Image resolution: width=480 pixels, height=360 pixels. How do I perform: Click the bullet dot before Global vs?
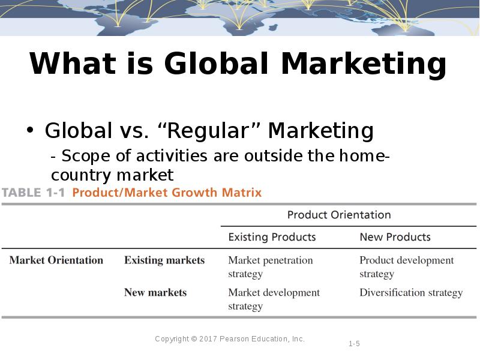click(31, 131)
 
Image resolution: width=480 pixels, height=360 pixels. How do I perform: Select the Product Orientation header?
click(339, 215)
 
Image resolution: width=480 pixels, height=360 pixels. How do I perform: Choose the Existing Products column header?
click(272, 237)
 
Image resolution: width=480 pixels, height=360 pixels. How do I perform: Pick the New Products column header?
click(395, 237)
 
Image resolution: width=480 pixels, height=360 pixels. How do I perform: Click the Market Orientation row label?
click(56, 260)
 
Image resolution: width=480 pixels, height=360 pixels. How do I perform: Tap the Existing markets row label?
click(164, 260)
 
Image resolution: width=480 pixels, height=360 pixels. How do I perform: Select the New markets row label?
click(155, 293)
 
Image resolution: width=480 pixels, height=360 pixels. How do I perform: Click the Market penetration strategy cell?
click(270, 267)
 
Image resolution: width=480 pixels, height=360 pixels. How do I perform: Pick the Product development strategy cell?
click(406, 267)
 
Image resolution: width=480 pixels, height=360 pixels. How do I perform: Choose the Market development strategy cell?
click(274, 299)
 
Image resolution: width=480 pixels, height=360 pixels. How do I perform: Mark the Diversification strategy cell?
click(411, 293)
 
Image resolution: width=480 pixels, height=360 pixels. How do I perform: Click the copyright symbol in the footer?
click(194, 339)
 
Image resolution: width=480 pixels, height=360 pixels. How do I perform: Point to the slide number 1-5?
click(354, 344)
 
